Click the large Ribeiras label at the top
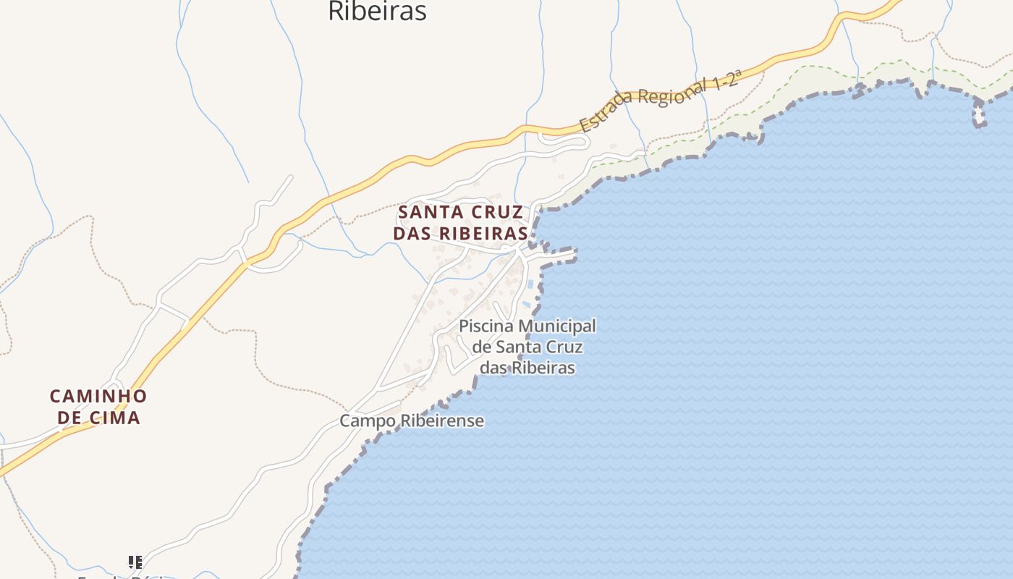click(x=377, y=11)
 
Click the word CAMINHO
click(x=98, y=397)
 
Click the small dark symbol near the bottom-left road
click(x=135, y=562)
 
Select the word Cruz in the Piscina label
click(x=564, y=347)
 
